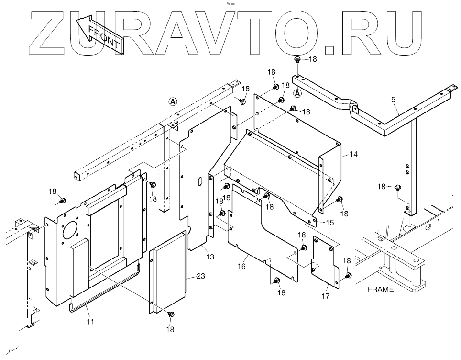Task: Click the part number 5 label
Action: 393,100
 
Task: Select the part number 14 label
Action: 353,154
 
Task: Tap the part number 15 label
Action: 330,222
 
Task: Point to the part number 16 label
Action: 242,266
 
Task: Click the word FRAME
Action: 380,289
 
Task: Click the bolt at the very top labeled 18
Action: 297,60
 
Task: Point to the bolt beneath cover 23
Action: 172,315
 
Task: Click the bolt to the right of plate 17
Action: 348,275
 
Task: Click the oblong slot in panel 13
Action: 198,182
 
